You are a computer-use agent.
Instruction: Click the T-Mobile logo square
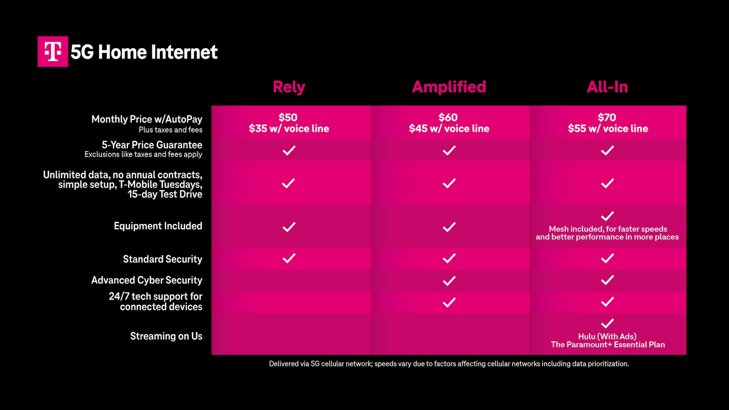point(53,52)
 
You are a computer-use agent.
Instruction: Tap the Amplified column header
point(449,87)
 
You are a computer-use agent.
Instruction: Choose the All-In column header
point(607,87)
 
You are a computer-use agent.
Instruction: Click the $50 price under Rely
point(288,117)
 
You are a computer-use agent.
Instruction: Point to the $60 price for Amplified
point(448,117)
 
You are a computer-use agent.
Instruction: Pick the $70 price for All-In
point(607,117)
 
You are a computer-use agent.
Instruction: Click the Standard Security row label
point(163,259)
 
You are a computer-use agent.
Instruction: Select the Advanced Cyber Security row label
point(147,280)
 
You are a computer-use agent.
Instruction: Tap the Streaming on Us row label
point(166,336)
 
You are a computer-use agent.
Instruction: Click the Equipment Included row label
point(158,226)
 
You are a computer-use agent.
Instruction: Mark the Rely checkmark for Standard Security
point(289,258)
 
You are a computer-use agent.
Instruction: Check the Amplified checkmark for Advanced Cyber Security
point(449,281)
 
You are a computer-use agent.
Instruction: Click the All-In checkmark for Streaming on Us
point(607,323)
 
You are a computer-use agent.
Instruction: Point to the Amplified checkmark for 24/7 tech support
point(449,302)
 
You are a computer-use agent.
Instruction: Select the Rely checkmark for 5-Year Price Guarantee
point(289,150)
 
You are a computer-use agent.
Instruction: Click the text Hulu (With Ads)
point(607,336)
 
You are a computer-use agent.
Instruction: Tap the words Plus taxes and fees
point(170,130)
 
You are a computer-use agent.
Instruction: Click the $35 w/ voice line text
point(289,129)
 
